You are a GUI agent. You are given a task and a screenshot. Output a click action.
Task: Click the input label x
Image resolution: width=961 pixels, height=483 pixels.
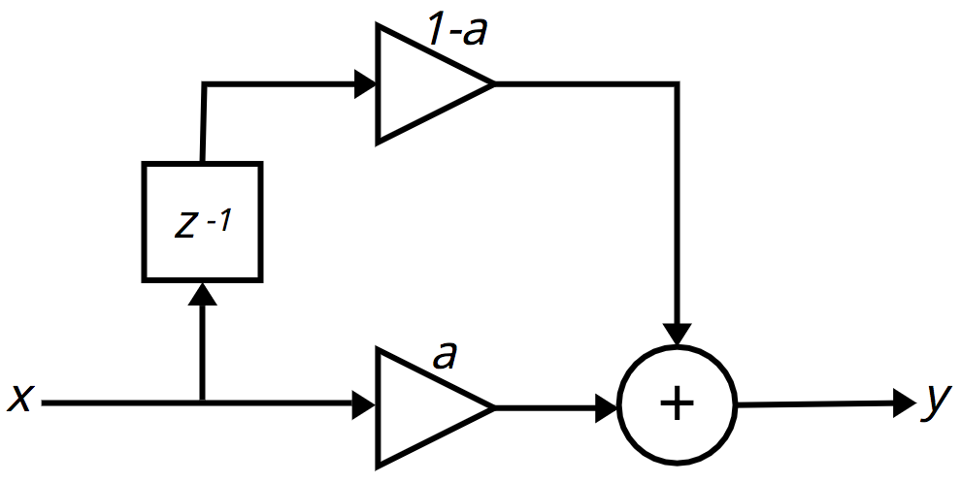pos(19,400)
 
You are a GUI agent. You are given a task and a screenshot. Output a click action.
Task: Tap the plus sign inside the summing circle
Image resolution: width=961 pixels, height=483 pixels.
pos(678,404)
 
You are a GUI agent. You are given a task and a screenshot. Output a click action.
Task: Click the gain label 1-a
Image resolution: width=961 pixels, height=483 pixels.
pos(457,31)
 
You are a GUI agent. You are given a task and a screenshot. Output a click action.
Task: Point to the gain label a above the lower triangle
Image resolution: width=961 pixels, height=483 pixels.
pos(445,356)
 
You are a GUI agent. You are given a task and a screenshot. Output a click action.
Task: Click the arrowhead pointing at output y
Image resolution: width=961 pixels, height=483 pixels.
pos(906,403)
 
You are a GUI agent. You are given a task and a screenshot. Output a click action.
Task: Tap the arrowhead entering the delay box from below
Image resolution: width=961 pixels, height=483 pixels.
pos(203,294)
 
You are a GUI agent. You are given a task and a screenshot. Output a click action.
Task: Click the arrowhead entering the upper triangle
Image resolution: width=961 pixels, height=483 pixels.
pos(365,83)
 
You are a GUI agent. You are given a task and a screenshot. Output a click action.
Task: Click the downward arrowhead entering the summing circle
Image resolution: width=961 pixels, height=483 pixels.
pos(677,335)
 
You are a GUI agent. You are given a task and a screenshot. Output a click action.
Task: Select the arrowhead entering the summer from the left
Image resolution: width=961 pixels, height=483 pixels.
pos(606,407)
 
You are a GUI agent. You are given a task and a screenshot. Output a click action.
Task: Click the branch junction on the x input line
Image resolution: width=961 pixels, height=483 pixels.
pos(203,402)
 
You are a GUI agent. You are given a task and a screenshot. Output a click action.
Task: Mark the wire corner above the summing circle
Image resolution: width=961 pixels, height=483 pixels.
pos(677,83)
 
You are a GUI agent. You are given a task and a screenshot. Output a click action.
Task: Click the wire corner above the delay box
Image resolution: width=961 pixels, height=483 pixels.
pos(205,84)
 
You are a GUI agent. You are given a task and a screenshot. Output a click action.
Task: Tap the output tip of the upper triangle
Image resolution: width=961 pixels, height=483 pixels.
pos(493,83)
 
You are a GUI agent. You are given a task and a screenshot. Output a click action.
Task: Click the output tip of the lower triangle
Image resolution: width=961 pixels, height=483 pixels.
pos(493,407)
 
